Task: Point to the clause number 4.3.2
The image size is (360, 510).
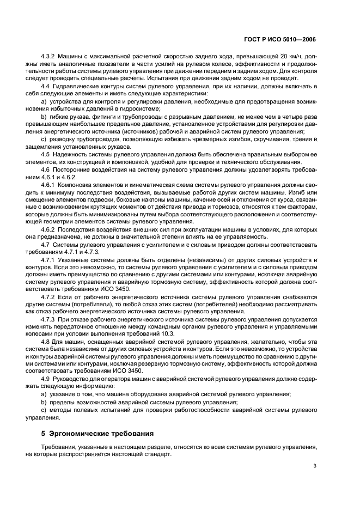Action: [x=49, y=56]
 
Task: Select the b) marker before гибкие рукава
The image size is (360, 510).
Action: [x=44, y=117]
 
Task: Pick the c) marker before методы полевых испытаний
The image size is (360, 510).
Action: [x=44, y=409]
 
